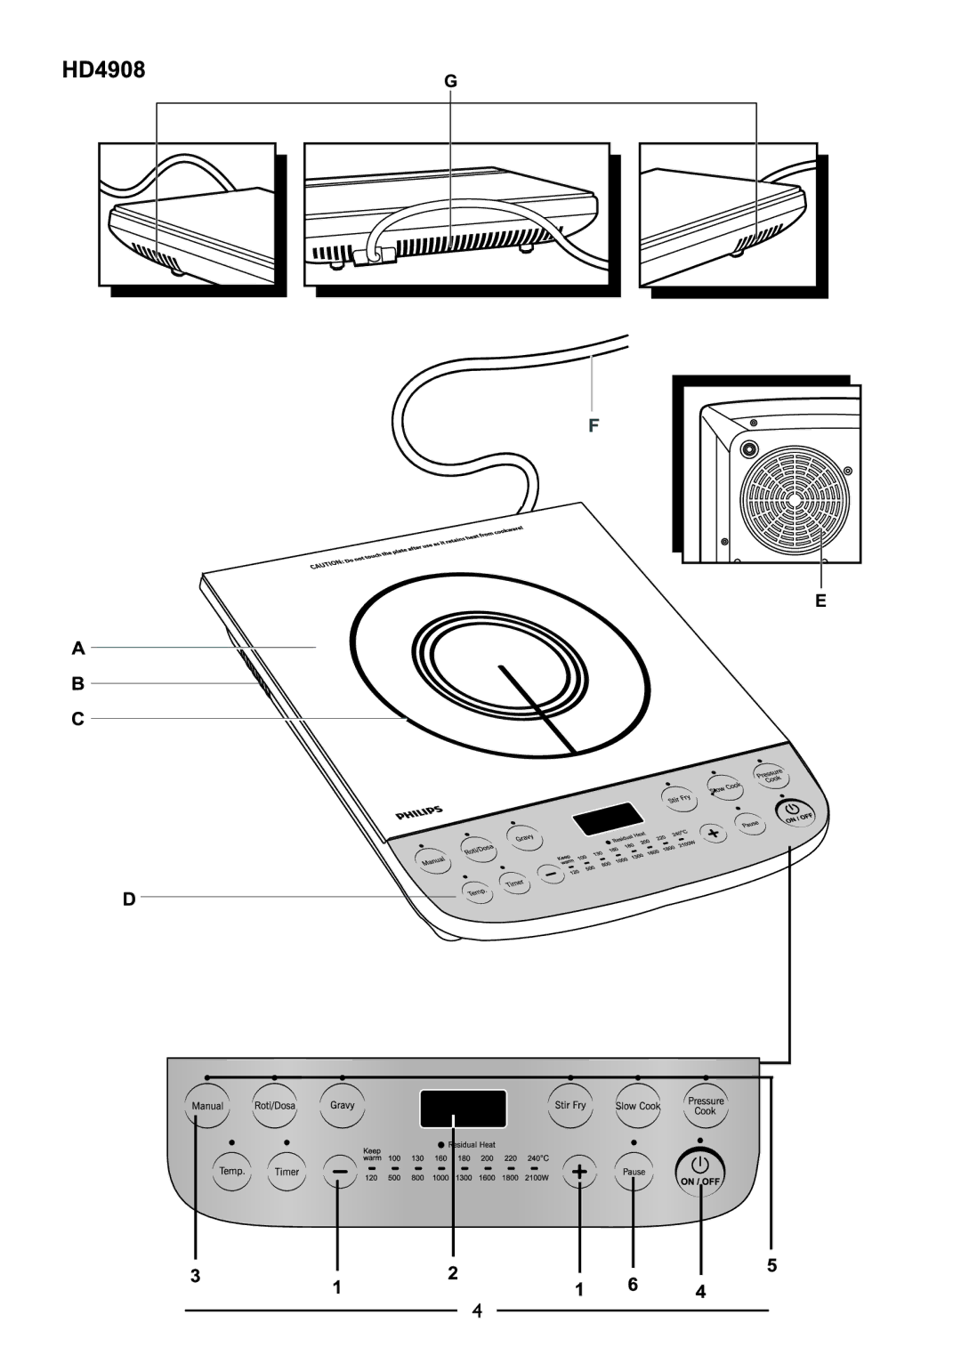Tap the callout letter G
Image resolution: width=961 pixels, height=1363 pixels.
[x=451, y=82]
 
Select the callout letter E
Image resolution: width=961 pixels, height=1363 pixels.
[x=821, y=602]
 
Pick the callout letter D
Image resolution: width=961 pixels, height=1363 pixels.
[x=129, y=899]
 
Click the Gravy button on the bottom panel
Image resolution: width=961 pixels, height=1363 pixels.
[x=343, y=1105]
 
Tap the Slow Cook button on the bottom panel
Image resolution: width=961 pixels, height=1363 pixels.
[x=637, y=1107]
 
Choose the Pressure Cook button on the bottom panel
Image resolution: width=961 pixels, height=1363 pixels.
[x=705, y=1106]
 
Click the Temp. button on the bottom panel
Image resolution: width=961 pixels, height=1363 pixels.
[x=232, y=1172]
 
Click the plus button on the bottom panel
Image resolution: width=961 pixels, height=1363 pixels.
[x=579, y=1173]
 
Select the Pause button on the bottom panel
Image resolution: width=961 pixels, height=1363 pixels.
[x=634, y=1172]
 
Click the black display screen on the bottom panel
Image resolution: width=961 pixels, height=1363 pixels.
[x=464, y=1109]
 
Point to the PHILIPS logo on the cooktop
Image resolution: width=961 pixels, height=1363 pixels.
[x=418, y=812]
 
